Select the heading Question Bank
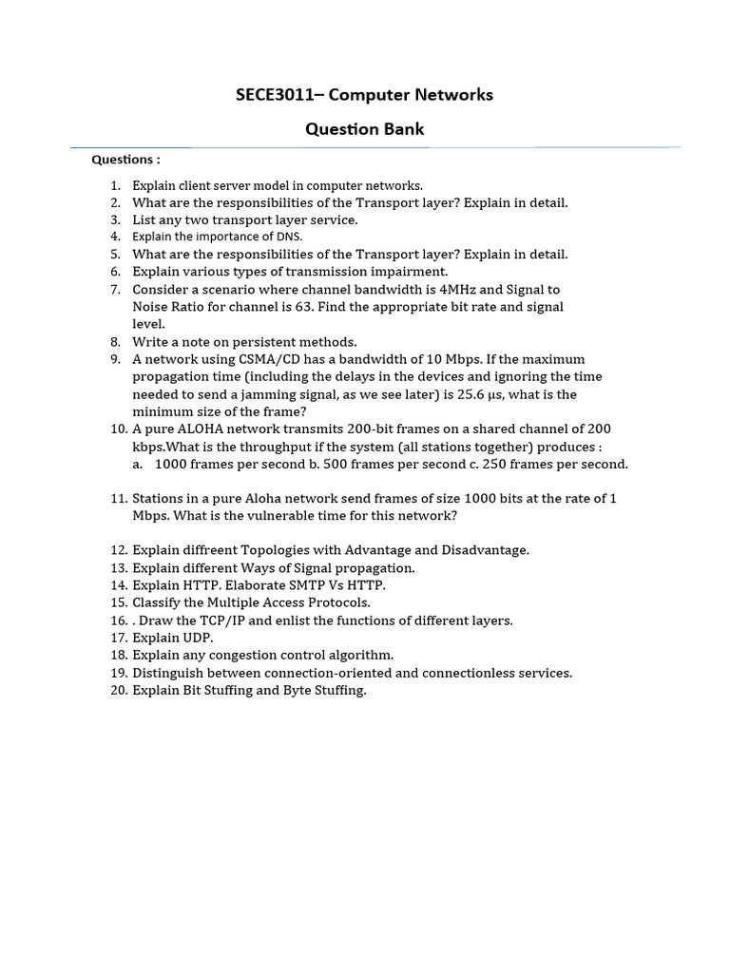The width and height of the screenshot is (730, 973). click(364, 129)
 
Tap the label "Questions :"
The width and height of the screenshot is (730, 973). click(125, 160)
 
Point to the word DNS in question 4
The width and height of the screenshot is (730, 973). click(289, 237)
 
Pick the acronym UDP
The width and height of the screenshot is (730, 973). click(198, 638)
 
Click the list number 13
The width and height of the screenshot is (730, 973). click(118, 568)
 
